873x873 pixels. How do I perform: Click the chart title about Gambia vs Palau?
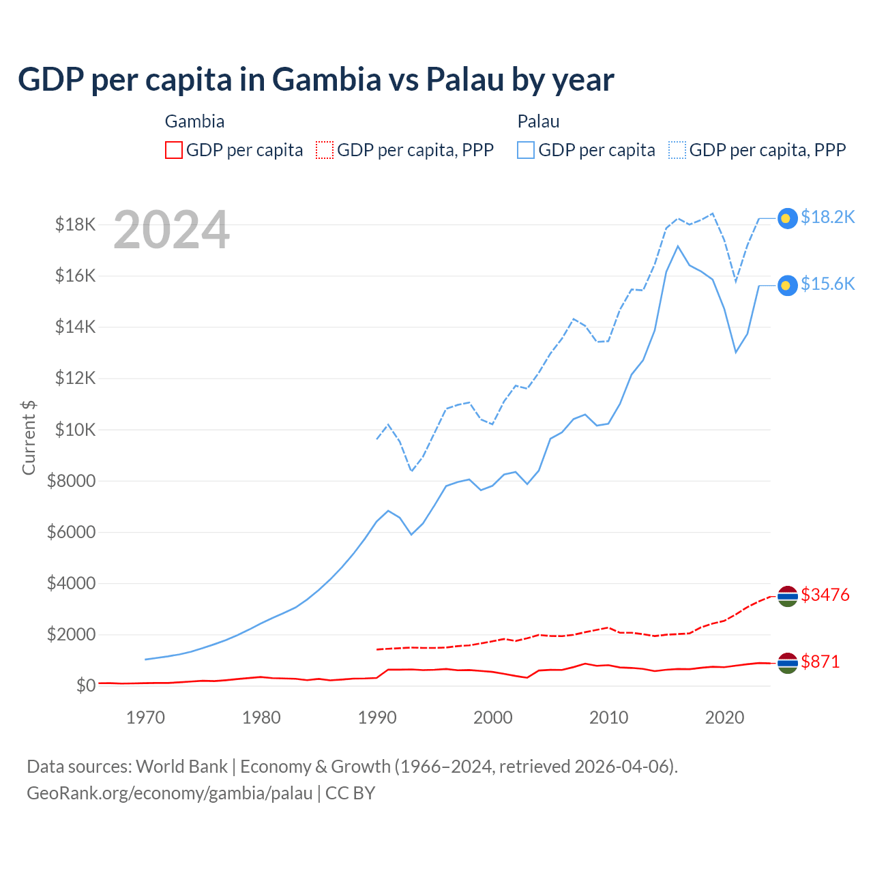[316, 80]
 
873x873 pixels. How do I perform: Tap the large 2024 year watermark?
[171, 231]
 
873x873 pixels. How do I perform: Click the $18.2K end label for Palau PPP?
[827, 217]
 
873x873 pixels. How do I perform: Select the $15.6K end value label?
[827, 284]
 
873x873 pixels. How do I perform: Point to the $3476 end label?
[825, 595]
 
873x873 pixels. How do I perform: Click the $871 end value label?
[820, 662]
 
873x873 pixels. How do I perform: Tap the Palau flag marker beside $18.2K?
[787, 218]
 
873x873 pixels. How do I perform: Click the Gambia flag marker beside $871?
[788, 663]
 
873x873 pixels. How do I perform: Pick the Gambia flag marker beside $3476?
[788, 596]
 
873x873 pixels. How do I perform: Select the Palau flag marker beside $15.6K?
[787, 285]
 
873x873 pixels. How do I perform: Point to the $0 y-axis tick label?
[85, 685]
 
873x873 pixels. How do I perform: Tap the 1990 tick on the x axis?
[377, 717]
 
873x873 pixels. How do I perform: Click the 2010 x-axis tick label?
[608, 717]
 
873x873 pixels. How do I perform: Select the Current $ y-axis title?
[29, 437]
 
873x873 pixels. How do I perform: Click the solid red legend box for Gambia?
[174, 150]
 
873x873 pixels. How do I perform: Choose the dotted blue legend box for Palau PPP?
[677, 150]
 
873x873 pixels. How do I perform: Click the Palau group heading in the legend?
[538, 121]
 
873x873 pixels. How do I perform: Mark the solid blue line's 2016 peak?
[677, 246]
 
